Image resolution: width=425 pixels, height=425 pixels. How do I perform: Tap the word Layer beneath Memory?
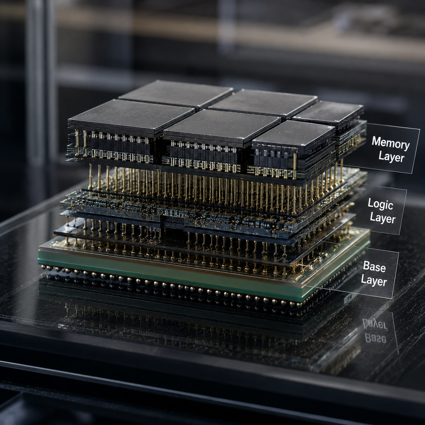coord(391,158)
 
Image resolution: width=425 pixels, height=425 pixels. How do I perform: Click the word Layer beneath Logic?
coord(382,218)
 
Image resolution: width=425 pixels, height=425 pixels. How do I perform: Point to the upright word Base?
coord(374,267)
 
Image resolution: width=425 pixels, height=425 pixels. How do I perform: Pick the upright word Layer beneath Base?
coord(374,280)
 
